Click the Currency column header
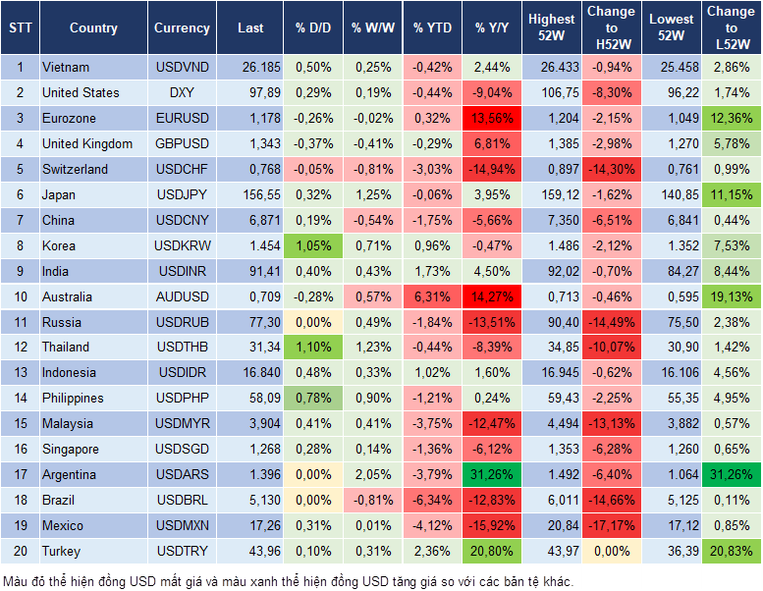coord(182,28)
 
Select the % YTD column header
coord(432,28)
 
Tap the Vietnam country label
coord(66,68)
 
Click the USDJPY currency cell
coord(182,195)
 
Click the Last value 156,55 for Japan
coord(250,195)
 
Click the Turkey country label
coord(61,552)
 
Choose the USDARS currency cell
coord(182,475)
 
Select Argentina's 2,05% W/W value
coord(372,475)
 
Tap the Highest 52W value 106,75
coord(551,93)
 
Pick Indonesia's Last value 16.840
coord(250,373)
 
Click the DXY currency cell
coord(182,93)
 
